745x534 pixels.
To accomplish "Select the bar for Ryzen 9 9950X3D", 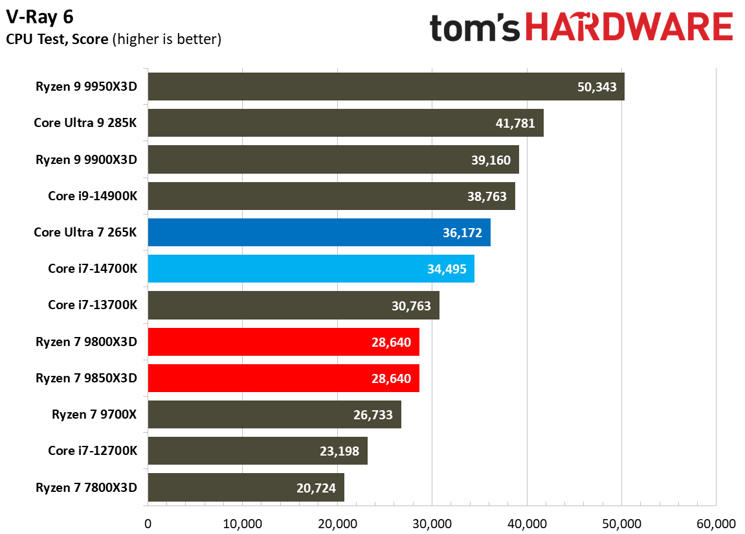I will [x=386, y=87].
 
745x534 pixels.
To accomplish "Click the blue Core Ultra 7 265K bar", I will [x=318, y=233].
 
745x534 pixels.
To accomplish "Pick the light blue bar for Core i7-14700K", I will [x=311, y=269].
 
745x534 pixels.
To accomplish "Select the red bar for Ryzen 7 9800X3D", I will [x=284, y=342].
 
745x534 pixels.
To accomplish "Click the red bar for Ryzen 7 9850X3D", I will [x=284, y=378].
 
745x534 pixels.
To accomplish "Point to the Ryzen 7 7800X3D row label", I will [x=87, y=487].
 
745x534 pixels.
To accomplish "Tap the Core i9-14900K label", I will [x=93, y=196].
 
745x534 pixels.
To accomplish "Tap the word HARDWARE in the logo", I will [x=628, y=27].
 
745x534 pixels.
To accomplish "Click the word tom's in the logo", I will [x=476, y=29].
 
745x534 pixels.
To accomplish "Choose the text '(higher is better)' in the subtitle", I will [x=167, y=40].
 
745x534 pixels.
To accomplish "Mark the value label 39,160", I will [x=492, y=160].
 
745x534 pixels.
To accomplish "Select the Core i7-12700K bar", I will [x=258, y=451].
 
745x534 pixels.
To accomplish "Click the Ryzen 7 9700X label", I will [x=95, y=415].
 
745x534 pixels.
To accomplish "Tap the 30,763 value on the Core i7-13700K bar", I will [x=411, y=305].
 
